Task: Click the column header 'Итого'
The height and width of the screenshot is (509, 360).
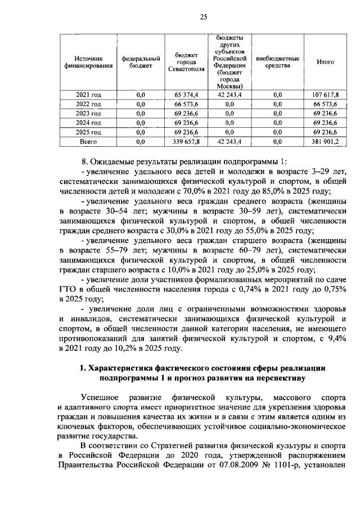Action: (325, 62)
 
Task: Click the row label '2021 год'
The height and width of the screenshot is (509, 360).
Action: (88, 95)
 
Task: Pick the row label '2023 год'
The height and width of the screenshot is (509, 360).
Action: (88, 113)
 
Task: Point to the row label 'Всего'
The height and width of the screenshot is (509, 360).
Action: (88, 141)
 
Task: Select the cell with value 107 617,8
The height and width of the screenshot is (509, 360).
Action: (325, 95)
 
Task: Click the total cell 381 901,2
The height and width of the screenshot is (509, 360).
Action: (325, 141)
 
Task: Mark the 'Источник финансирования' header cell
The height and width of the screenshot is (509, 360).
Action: (88, 62)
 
